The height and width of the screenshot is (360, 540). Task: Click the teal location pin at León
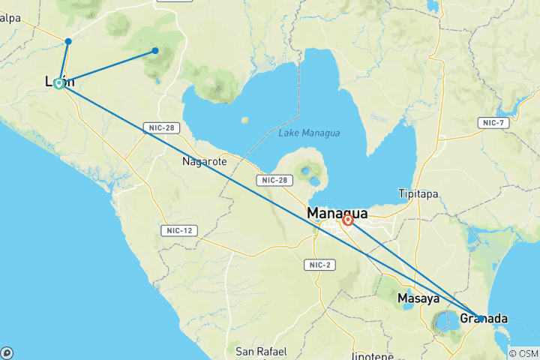tap(58, 83)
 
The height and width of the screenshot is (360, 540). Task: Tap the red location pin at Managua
tap(348, 220)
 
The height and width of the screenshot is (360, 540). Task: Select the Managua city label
tap(337, 214)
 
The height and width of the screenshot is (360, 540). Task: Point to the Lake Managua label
tap(309, 133)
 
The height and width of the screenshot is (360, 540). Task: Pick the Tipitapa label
tap(419, 193)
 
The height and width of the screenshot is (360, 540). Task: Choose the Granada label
tap(484, 319)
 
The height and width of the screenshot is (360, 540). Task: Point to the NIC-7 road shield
tap(494, 122)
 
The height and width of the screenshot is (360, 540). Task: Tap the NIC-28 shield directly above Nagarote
tap(162, 128)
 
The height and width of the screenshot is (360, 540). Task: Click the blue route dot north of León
tap(68, 41)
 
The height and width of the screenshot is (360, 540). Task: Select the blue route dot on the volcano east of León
tap(155, 51)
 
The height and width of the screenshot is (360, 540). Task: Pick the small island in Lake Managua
tap(245, 120)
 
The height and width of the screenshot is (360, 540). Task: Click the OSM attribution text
tap(523, 353)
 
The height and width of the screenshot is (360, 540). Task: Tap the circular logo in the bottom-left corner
tap(7, 352)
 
